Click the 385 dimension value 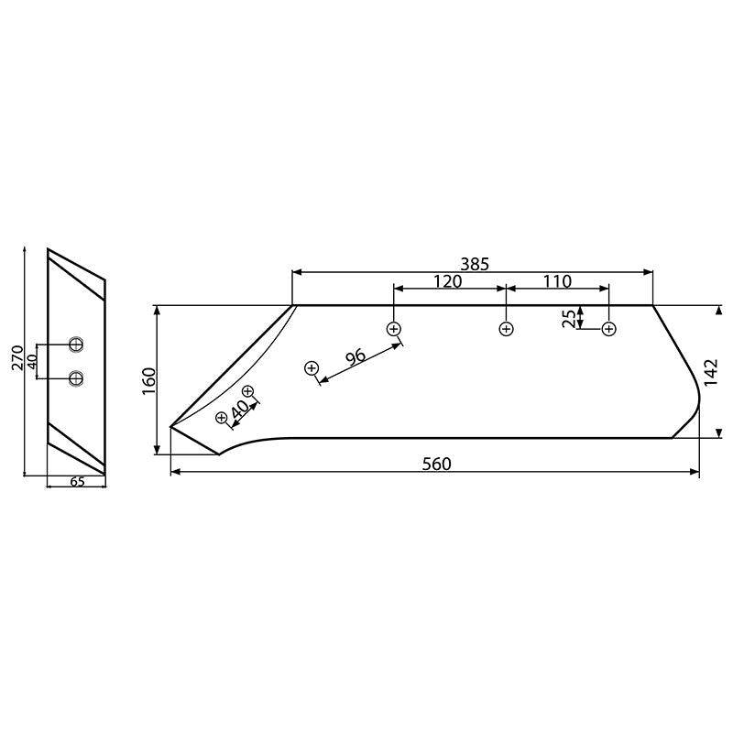[x=475, y=263]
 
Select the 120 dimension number [x=447, y=281]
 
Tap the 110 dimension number [x=557, y=281]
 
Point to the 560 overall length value [x=436, y=464]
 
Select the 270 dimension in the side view [x=17, y=358]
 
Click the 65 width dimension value [x=77, y=482]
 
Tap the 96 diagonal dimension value [x=355, y=356]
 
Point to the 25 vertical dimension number [x=569, y=318]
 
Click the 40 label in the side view [x=32, y=360]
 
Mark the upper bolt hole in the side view [x=76, y=345]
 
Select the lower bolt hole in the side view [x=76, y=377]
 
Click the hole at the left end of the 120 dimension [x=394, y=328]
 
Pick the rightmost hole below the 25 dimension [x=608, y=329]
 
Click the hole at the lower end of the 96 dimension [x=312, y=368]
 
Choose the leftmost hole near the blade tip [x=221, y=418]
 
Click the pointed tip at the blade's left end [x=171, y=426]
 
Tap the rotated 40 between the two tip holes [x=240, y=410]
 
